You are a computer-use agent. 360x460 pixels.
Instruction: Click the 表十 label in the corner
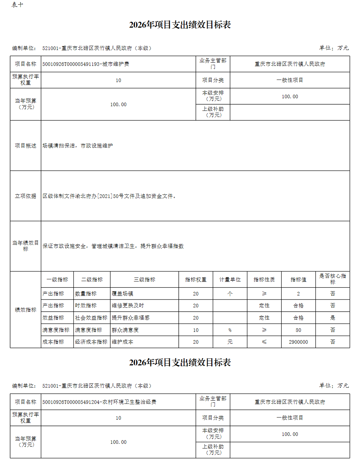[x=17, y=5]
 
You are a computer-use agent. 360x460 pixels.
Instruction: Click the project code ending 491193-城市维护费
[x=86, y=64]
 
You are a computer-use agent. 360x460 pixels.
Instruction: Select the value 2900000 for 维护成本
[x=298, y=342]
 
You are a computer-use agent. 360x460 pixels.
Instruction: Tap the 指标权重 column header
[x=195, y=280]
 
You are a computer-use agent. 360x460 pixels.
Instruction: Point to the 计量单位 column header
[x=230, y=280]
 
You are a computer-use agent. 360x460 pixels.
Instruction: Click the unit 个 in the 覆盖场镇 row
[x=230, y=294]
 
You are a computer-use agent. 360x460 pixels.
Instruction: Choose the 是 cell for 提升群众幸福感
[x=332, y=318]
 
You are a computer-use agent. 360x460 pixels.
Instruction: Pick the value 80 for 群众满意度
[x=298, y=330]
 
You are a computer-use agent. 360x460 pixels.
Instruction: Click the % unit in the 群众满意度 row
[x=230, y=330]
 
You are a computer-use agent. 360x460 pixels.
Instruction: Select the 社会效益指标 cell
[x=91, y=318]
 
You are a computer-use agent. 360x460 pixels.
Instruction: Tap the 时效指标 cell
[x=86, y=306]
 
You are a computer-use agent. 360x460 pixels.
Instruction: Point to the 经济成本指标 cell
[x=91, y=342]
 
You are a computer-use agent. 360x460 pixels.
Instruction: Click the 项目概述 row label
[x=26, y=146]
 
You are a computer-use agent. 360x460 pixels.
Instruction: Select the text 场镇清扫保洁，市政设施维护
[x=77, y=146]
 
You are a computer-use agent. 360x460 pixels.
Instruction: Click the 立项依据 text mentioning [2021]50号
[x=109, y=196]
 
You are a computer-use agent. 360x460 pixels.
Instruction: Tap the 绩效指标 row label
[x=26, y=310]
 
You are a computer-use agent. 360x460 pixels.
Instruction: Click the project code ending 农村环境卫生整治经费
[x=99, y=402]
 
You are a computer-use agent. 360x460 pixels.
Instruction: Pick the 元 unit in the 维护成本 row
[x=230, y=342]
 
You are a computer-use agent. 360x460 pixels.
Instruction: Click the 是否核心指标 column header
[x=332, y=279]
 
